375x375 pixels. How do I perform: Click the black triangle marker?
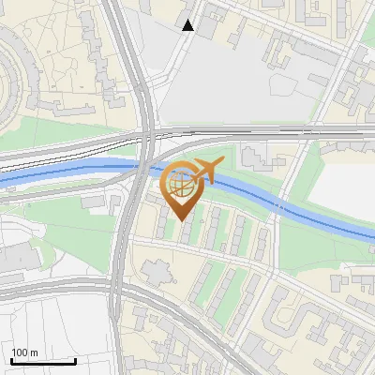click(x=188, y=25)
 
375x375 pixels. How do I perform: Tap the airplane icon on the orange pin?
click(x=208, y=171)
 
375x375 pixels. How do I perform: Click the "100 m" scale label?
click(x=24, y=352)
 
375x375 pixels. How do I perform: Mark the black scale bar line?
click(x=42, y=361)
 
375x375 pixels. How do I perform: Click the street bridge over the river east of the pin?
click(x=279, y=204)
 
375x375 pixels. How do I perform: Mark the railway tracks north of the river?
click(x=75, y=147)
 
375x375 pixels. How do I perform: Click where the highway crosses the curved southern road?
click(x=117, y=286)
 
